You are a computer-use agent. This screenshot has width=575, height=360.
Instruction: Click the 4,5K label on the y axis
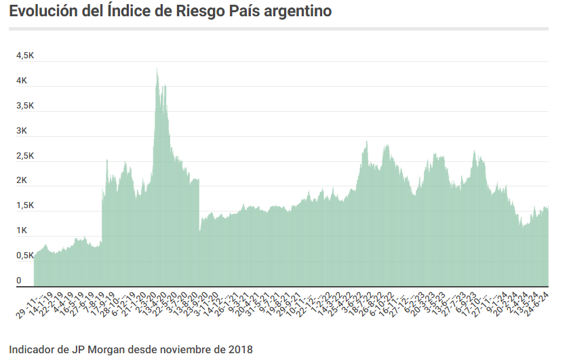coord(25,56)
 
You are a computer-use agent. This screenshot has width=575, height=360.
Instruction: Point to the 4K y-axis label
coord(22,81)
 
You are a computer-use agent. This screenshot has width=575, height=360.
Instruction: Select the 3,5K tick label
coord(25,106)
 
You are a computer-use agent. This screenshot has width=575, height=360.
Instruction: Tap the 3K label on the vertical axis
coord(22,131)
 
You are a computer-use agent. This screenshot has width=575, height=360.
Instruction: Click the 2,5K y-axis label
coord(25,156)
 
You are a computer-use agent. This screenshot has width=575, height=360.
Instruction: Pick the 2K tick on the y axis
coord(22,181)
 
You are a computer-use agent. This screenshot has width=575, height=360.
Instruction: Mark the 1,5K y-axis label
coord(25,206)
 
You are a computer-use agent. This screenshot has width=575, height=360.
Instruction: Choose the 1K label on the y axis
coord(22,231)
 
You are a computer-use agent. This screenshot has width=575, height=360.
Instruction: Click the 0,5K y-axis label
coord(25,256)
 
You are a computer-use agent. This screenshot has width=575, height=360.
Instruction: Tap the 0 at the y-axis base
coord(20,280)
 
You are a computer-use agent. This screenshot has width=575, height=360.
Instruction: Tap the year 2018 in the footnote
coord(239,350)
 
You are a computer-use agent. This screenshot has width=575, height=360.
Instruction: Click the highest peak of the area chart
coord(157,68)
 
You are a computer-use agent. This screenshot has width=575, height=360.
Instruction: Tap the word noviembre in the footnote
coord(183,350)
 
